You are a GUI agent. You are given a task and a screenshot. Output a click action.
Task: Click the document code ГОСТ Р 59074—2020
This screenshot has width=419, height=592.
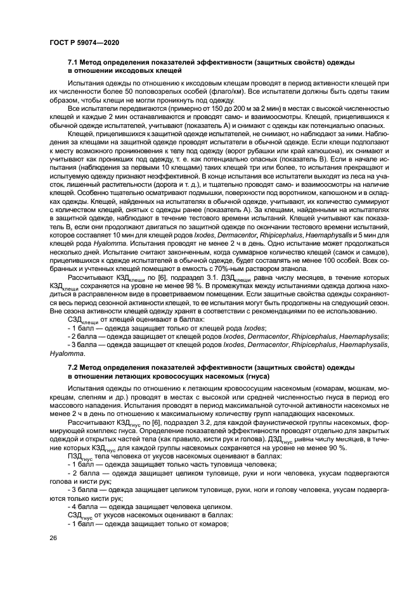pyautogui.click(x=84, y=42)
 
